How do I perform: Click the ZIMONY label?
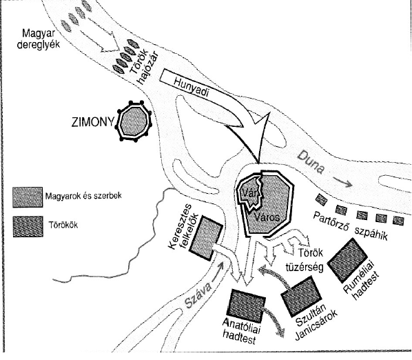coord(93,122)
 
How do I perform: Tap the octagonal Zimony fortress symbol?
coord(134,121)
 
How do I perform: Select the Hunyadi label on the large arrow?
coord(191,88)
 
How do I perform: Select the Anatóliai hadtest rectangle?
coord(246,306)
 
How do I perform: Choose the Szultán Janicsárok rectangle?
coord(301,296)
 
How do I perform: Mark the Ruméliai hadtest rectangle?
coord(347,260)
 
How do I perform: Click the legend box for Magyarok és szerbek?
coord(28,197)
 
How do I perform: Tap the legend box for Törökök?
coord(28,227)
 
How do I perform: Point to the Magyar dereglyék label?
coord(39,39)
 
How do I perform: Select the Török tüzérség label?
coord(310,260)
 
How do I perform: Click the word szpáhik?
coord(371,232)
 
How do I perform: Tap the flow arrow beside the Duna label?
coord(342,182)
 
